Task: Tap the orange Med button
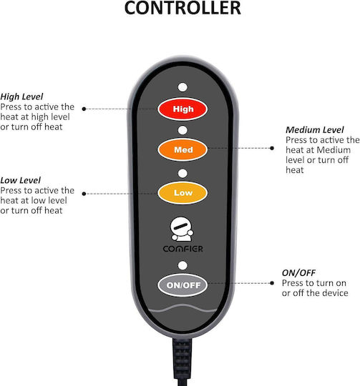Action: (x=183, y=149)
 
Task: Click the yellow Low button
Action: (x=183, y=193)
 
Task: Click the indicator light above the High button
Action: (x=183, y=87)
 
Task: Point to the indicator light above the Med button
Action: (x=183, y=130)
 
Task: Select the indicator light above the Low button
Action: (x=183, y=173)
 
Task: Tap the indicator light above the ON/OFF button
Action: (x=183, y=265)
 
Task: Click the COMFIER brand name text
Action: (x=183, y=249)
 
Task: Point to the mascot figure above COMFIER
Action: (x=182, y=229)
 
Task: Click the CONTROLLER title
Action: (x=183, y=8)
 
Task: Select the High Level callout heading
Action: (x=21, y=96)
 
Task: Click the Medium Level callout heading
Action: (x=315, y=129)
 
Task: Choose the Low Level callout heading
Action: (x=21, y=180)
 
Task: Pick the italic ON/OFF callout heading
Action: (x=298, y=273)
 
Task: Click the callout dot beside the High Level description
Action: (x=84, y=109)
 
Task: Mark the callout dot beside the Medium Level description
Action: (x=272, y=148)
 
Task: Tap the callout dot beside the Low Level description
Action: (x=84, y=194)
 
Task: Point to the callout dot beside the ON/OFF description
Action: (x=272, y=283)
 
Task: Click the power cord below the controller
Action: (x=183, y=362)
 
